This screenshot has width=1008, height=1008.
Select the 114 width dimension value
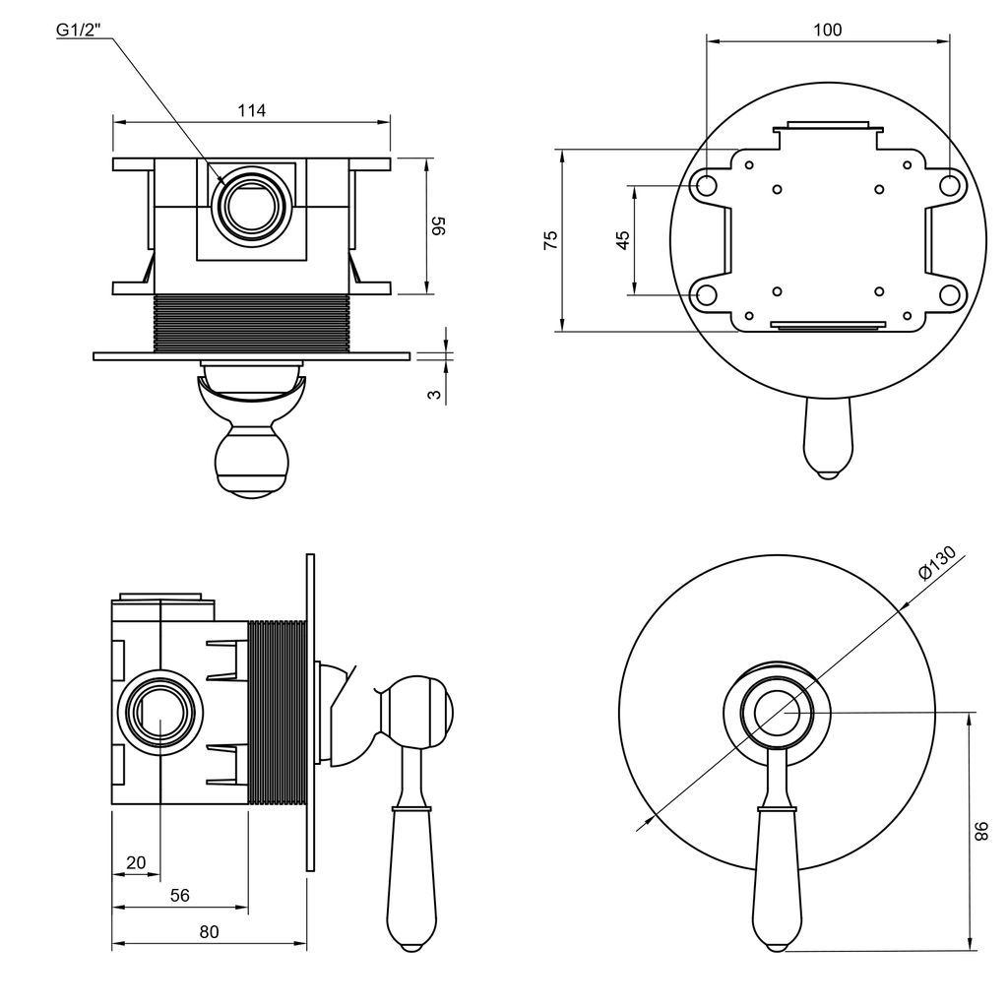[x=252, y=110]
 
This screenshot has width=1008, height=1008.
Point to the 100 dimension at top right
[x=828, y=31]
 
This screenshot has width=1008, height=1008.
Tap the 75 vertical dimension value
[x=551, y=240]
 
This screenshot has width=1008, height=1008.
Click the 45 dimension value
[x=622, y=240]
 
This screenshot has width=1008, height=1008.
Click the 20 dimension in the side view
[x=136, y=863]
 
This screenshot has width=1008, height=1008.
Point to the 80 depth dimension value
[x=209, y=932]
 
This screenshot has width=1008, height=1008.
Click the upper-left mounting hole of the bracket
[x=706, y=184]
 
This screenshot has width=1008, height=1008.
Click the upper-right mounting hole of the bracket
[x=949, y=184]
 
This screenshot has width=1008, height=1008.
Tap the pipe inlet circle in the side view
[x=159, y=715]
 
